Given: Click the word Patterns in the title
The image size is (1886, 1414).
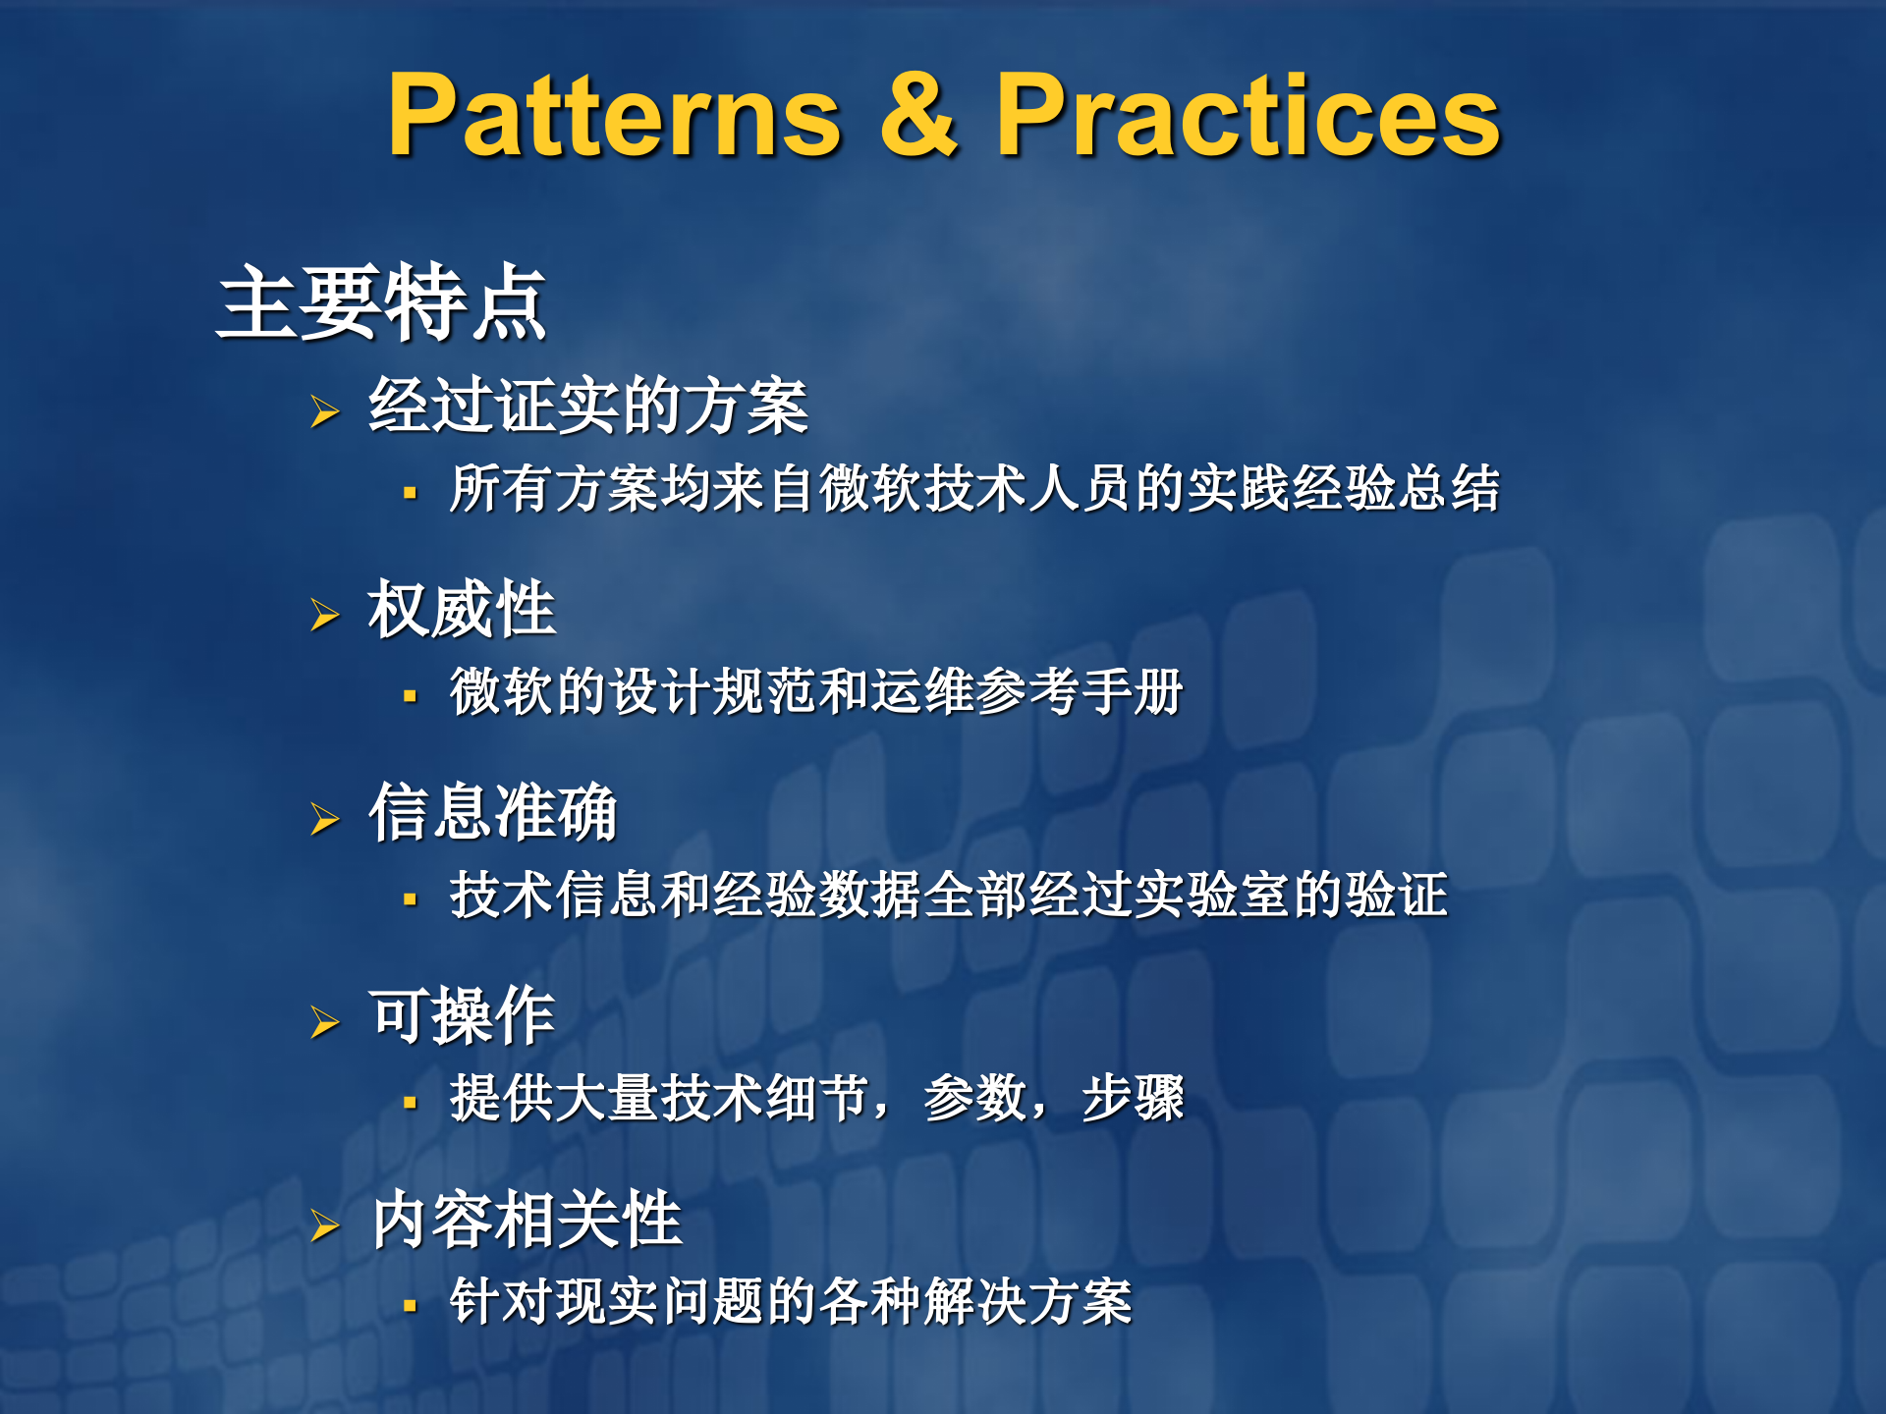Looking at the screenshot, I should coord(615,116).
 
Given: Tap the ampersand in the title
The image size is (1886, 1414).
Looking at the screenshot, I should coord(918,116).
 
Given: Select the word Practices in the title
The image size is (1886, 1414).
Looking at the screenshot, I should coord(1248,116).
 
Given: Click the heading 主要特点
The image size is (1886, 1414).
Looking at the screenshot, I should coord(381,302).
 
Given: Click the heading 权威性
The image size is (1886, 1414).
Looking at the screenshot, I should coord(462,610).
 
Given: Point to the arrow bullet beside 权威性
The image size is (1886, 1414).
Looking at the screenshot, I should coord(324,615).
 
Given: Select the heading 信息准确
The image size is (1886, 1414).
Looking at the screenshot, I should coord(492,812).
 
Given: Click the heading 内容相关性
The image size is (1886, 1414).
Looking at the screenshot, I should coord(527,1220).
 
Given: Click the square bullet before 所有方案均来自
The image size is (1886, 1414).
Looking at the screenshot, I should coord(411,493).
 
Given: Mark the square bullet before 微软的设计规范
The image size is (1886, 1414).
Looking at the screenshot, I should coord(411,696).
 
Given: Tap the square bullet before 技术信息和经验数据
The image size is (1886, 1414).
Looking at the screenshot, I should coord(411,899).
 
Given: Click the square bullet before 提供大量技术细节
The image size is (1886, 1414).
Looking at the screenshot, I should coord(411,1103).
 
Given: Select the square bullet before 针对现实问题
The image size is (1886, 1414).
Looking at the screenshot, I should coord(411,1306).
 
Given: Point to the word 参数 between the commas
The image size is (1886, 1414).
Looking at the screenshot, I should coord(974,1098).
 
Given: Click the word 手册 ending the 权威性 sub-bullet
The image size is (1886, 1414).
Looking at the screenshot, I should coord(1132,691).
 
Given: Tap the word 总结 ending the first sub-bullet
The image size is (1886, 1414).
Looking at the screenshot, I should coord(1448,488).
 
